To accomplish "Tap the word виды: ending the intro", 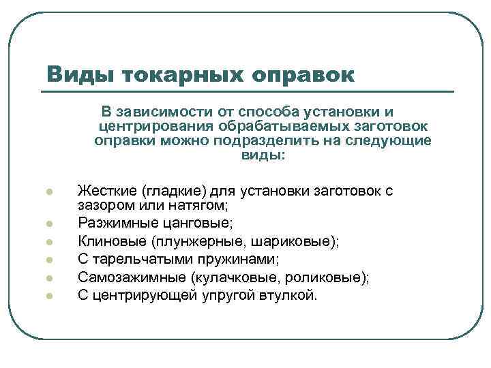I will [x=264, y=155].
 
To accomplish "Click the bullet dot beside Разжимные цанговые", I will [x=49, y=223].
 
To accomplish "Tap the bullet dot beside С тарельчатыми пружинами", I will [x=49, y=260].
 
